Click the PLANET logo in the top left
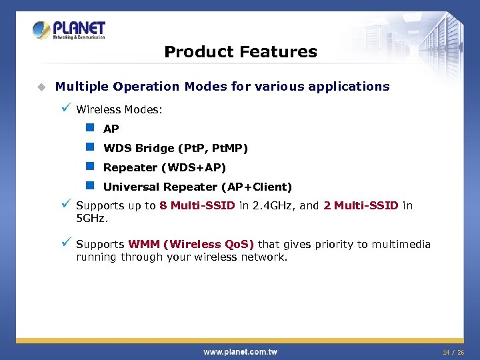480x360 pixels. (x=69, y=30)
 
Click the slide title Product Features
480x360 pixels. (x=240, y=51)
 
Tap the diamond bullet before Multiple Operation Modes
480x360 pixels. (x=41, y=87)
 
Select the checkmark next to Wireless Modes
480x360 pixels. (x=65, y=108)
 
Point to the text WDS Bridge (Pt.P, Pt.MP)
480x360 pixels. (x=175, y=148)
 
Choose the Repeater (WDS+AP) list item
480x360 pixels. (x=164, y=167)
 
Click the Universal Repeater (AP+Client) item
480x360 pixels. (x=197, y=187)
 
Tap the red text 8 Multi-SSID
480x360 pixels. (x=197, y=205)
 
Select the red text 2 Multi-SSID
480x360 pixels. (x=360, y=205)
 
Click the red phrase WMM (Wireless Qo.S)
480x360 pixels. (x=191, y=245)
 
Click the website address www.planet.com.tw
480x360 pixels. (x=240, y=351)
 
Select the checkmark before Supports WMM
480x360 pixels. (x=65, y=243)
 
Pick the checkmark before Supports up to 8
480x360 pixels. (x=65, y=204)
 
